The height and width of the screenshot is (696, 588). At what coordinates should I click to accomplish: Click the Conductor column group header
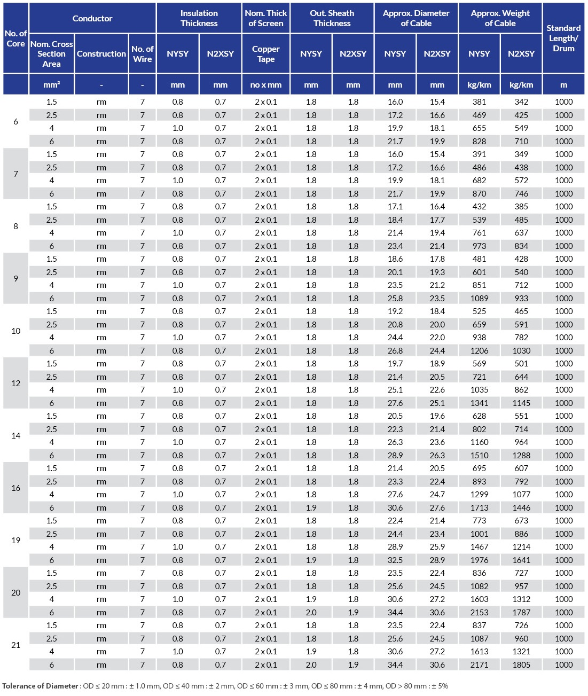[92, 18]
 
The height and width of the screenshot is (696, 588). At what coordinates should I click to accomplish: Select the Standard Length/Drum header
[563, 38]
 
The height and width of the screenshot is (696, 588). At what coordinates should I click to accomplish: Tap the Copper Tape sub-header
[265, 54]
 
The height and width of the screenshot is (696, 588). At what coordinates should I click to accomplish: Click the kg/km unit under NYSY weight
[479, 85]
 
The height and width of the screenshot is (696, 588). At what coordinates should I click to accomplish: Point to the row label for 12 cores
[16, 384]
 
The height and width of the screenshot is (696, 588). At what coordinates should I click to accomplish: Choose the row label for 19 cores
[16, 541]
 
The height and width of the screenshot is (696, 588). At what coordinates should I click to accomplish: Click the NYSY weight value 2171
[479, 665]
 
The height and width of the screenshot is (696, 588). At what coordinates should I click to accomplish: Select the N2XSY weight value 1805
[521, 665]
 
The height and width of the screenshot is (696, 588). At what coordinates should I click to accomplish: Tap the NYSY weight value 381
[479, 102]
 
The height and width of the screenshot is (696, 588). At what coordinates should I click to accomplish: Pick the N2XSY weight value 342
[521, 102]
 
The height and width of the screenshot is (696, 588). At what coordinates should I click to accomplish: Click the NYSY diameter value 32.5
[395, 560]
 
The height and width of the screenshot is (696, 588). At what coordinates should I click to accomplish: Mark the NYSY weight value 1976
[479, 560]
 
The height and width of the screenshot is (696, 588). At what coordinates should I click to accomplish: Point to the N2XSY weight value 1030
[521, 351]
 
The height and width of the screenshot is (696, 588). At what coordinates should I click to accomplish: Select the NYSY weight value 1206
[479, 351]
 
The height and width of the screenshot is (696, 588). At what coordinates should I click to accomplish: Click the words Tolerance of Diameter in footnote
[40, 686]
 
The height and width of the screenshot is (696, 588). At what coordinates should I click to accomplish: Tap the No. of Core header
[15, 38]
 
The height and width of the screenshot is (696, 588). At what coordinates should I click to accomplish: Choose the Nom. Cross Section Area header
[51, 54]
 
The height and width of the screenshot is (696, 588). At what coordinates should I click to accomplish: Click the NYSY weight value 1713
[479, 508]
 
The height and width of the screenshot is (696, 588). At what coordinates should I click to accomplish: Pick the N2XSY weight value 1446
[521, 508]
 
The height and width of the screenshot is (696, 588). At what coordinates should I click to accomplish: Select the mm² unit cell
[51, 85]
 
